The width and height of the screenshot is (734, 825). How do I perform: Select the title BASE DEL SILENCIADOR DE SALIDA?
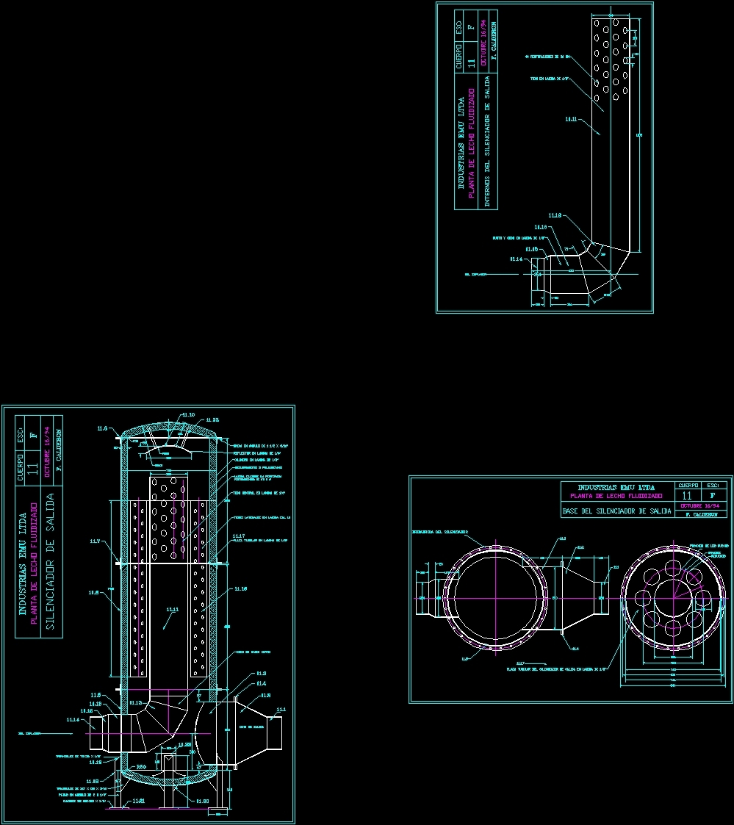[x=616, y=511]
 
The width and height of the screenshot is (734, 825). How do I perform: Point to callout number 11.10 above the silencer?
[x=188, y=415]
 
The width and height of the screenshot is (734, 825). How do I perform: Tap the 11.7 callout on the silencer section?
[x=96, y=541]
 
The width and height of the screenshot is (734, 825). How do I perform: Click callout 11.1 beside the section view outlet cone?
[x=280, y=710]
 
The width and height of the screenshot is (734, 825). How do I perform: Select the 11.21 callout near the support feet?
[x=138, y=800]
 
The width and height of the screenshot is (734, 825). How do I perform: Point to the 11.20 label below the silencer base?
[x=203, y=801]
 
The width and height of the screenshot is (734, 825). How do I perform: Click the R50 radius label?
[x=142, y=765]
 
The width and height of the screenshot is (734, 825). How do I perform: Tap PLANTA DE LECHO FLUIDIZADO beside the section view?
[x=34, y=563]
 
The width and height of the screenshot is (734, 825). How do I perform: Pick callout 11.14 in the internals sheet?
[x=517, y=259]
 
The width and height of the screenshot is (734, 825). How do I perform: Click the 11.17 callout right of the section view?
[x=238, y=536]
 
